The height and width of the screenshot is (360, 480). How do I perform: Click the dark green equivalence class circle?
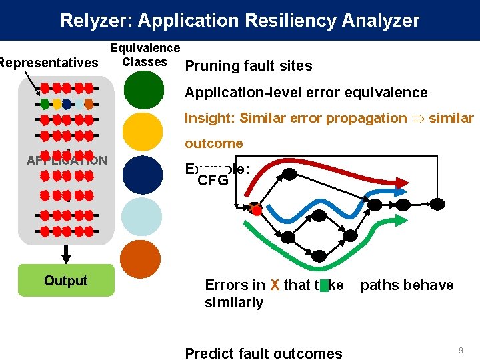click(x=143, y=90)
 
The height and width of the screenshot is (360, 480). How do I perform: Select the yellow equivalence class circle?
click(x=143, y=132)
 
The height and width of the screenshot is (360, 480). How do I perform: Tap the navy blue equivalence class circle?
click(x=143, y=175)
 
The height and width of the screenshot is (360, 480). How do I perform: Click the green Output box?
click(x=66, y=281)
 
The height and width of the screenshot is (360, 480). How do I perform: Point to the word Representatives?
click(x=49, y=63)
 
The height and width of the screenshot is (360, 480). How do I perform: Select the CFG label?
click(x=213, y=181)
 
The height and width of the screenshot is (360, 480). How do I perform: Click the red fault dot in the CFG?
click(x=256, y=211)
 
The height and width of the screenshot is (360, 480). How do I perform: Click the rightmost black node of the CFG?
click(x=437, y=203)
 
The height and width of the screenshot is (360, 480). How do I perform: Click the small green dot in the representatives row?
click(x=45, y=104)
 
